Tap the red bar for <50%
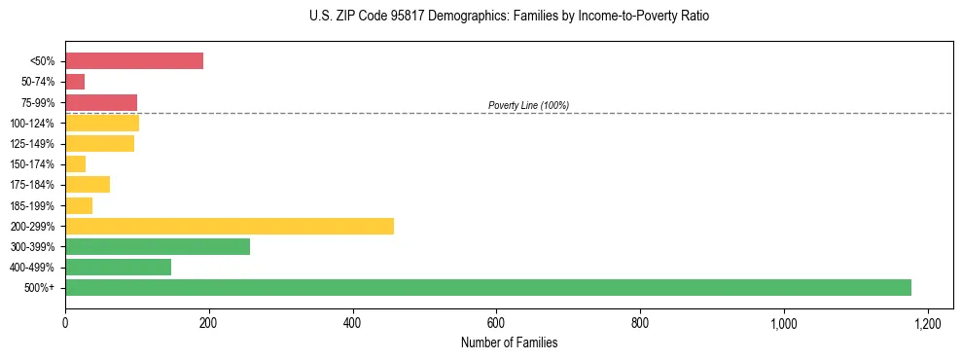134,60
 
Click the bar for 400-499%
118,267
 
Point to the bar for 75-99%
101,102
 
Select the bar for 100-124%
102,123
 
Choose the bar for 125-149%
99,143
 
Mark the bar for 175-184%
88,184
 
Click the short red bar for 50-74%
75,82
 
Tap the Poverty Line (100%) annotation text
528,105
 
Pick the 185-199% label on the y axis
33,205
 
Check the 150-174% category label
33,164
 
